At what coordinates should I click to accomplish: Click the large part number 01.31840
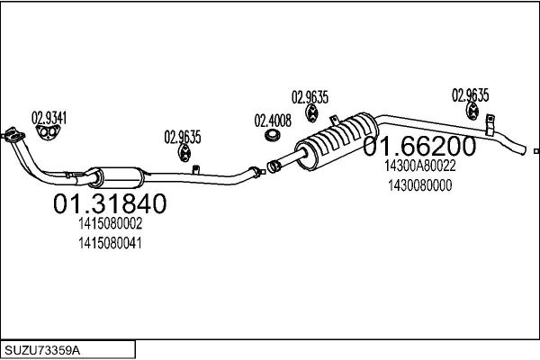[110, 203]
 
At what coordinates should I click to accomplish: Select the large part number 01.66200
[419, 146]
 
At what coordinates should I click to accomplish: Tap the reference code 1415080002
[110, 224]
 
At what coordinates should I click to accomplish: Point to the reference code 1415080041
[110, 243]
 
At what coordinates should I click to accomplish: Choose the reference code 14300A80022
[419, 166]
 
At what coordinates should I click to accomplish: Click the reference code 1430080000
[419, 185]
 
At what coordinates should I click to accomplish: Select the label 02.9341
[49, 118]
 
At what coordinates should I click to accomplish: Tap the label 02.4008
[273, 121]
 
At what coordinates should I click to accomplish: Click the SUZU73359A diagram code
[42, 350]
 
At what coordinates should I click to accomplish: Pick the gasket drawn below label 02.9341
[49, 132]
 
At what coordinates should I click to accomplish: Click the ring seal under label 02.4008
[273, 135]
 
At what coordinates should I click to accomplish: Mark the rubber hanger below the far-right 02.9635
[472, 112]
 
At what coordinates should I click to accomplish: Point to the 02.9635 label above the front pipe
[182, 137]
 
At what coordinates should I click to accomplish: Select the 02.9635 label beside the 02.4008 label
[310, 97]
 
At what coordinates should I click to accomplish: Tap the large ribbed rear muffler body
[337, 140]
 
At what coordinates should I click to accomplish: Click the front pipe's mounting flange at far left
[12, 134]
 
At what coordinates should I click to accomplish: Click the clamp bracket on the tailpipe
[490, 125]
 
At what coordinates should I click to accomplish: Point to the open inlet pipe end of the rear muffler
[273, 166]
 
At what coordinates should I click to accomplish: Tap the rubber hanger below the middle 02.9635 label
[312, 113]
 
